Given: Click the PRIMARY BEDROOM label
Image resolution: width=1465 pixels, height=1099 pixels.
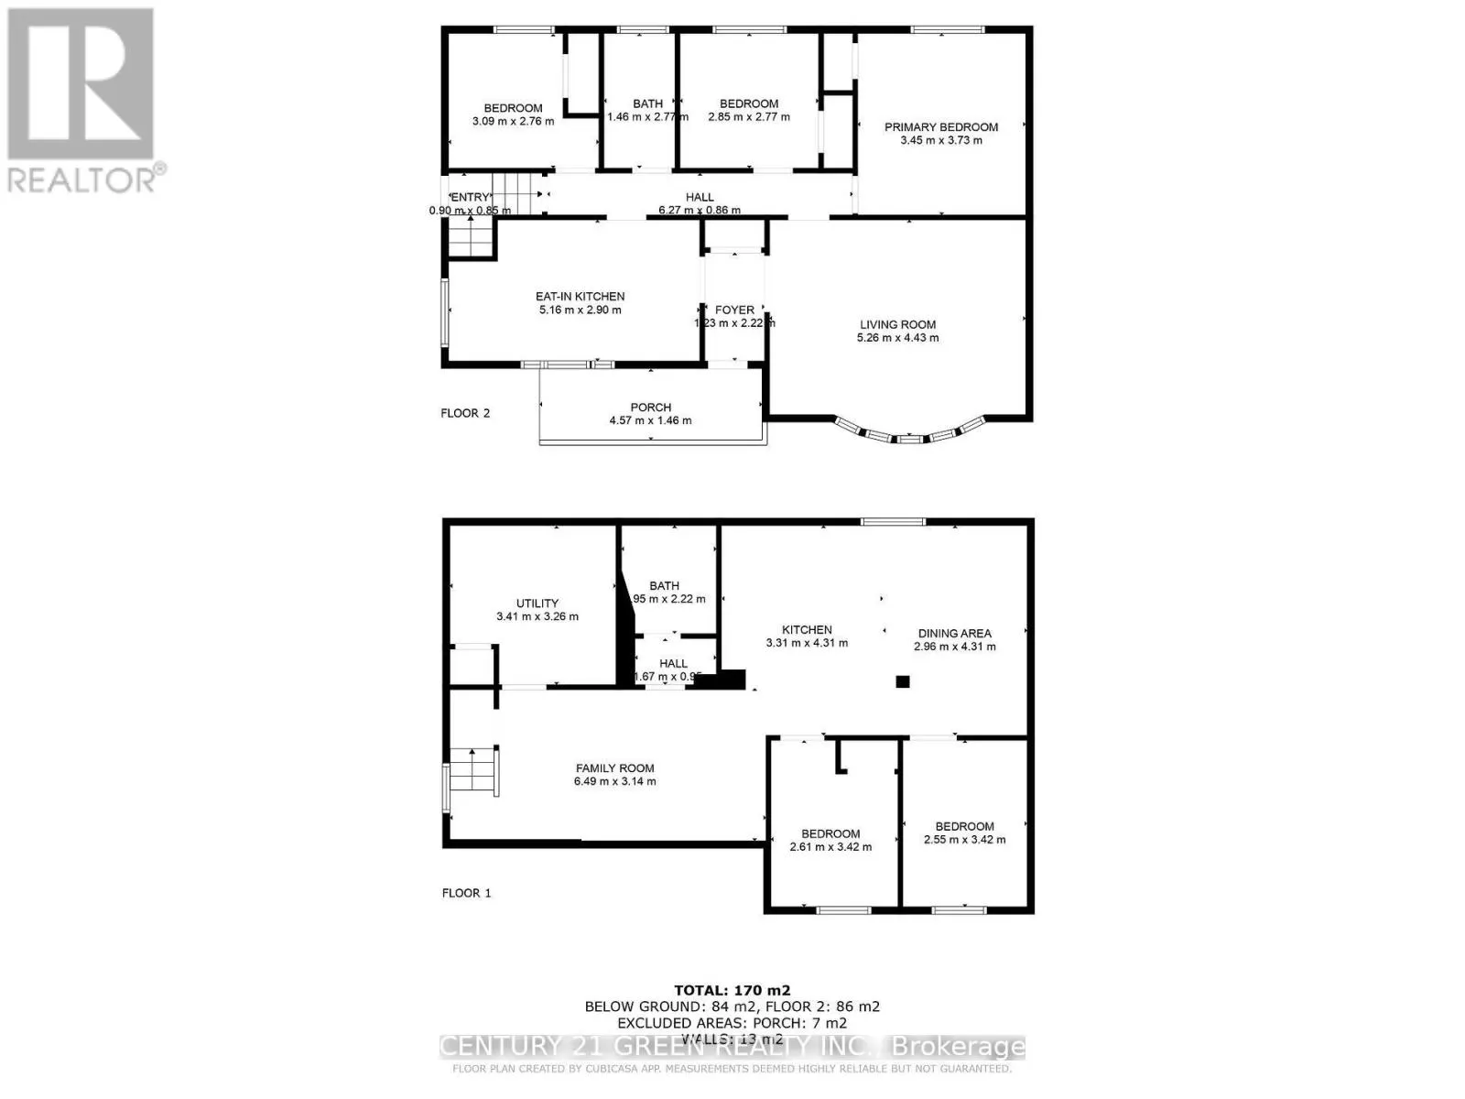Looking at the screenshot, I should (x=940, y=127).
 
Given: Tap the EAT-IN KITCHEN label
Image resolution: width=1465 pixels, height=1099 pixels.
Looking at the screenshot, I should (x=580, y=297).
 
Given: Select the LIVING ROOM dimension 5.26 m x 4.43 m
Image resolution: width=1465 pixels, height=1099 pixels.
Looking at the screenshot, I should (x=897, y=338).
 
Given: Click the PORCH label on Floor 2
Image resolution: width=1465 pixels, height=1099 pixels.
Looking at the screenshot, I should (x=650, y=408).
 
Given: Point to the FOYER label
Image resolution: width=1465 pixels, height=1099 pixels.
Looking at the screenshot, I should (x=734, y=310).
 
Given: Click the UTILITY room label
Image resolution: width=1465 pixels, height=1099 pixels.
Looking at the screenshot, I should (x=537, y=604).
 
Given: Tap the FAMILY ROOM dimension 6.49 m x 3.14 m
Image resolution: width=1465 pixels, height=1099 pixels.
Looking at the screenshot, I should (x=614, y=782).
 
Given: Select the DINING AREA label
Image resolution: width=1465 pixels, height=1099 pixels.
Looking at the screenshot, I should (x=954, y=633).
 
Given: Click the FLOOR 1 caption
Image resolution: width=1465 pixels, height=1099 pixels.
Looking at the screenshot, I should (x=466, y=893).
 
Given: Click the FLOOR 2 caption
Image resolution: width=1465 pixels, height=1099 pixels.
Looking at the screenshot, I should (x=465, y=413).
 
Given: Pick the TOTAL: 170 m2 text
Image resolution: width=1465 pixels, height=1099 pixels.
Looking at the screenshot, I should (x=732, y=990).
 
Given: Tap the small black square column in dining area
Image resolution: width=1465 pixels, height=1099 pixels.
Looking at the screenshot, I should (x=902, y=681).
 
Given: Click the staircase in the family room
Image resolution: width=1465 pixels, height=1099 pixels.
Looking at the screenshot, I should (x=473, y=770).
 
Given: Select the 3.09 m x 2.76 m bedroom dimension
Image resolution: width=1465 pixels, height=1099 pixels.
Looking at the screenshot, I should (x=513, y=121).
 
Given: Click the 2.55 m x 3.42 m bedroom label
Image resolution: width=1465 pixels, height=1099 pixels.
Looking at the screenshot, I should (x=964, y=826).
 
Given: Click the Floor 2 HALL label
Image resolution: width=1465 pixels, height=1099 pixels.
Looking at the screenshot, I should (x=700, y=197).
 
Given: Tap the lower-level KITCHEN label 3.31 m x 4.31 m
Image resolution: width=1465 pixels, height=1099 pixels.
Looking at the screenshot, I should (x=807, y=630).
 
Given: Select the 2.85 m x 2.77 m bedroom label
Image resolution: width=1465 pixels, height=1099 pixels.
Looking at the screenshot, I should (x=748, y=104).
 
